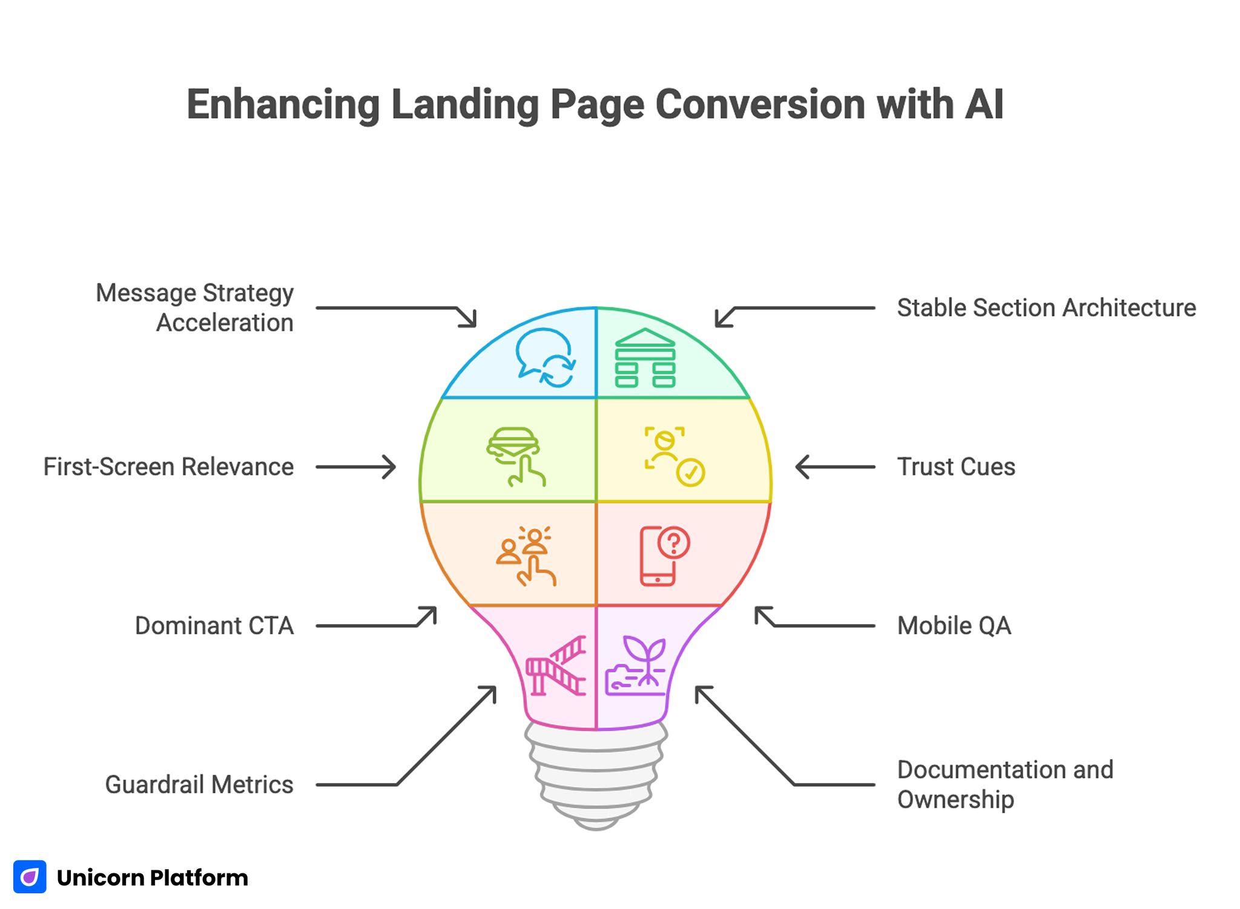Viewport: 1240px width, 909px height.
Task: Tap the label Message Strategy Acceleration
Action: pyautogui.click(x=194, y=307)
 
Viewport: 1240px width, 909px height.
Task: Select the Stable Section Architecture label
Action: pyautogui.click(x=1046, y=307)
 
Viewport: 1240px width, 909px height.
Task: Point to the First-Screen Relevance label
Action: pyautogui.click(x=168, y=467)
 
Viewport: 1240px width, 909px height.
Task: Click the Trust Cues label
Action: pyautogui.click(x=955, y=467)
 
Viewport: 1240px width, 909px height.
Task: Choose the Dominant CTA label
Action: pyautogui.click(x=214, y=625)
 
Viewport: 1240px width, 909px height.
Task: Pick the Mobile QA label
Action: pyautogui.click(x=954, y=625)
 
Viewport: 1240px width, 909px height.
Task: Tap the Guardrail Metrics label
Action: pyautogui.click(x=199, y=784)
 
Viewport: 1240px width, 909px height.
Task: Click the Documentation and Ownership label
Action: pyautogui.click(x=1005, y=784)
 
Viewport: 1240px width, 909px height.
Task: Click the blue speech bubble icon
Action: pyautogui.click(x=544, y=357)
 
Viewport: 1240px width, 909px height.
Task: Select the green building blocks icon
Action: pyautogui.click(x=645, y=358)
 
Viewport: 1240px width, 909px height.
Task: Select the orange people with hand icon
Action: pyautogui.click(x=526, y=556)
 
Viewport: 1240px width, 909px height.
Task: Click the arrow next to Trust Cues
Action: pyautogui.click(x=834, y=467)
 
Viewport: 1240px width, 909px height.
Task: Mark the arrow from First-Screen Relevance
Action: pyautogui.click(x=356, y=467)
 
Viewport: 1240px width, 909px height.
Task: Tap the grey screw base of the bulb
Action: pyautogui.click(x=596, y=775)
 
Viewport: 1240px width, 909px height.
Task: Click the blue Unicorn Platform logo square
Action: pyautogui.click(x=30, y=876)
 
